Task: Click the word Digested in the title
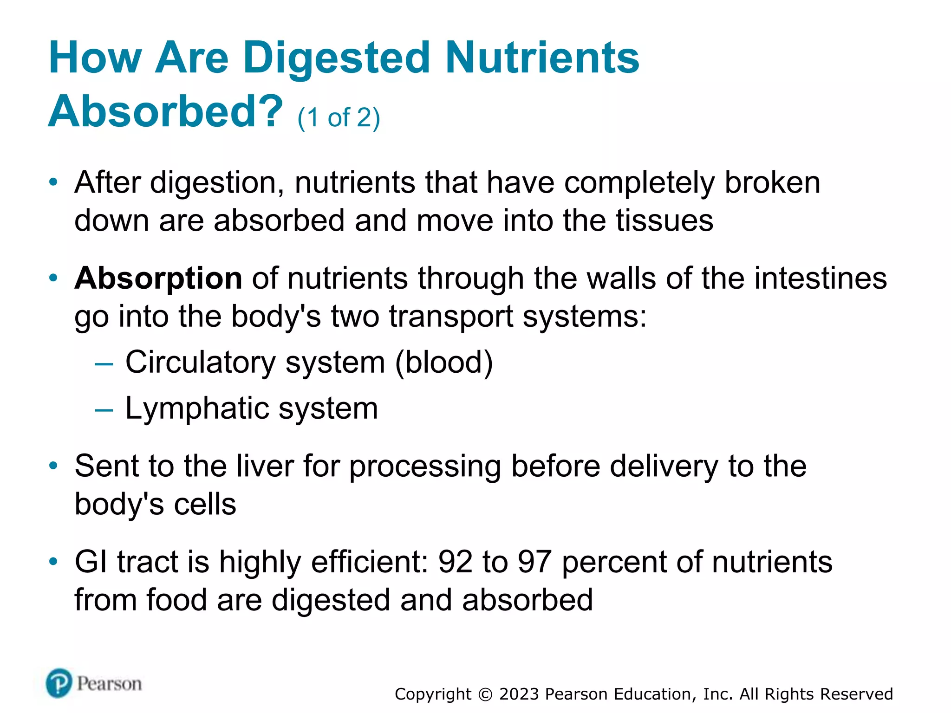[x=337, y=58]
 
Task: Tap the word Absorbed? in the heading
[x=165, y=111]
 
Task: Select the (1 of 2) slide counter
[x=339, y=117]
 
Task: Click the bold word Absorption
[x=158, y=279]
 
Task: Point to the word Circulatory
[x=201, y=362]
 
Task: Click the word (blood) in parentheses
[x=443, y=362]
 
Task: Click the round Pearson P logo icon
[x=59, y=683]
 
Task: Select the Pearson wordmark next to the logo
[x=109, y=684]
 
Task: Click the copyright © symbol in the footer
[x=485, y=694]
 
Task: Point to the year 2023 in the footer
[x=519, y=694]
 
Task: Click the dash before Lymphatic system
[x=104, y=410]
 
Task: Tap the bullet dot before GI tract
[x=53, y=562]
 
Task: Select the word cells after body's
[x=205, y=505]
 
